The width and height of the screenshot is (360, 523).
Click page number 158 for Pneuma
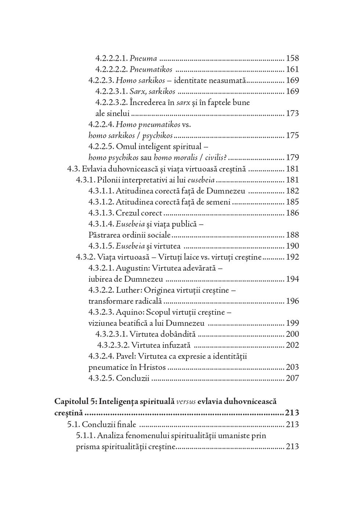click(x=292, y=58)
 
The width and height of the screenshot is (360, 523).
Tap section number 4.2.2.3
click(x=101, y=80)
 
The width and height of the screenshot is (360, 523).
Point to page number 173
click(x=292, y=113)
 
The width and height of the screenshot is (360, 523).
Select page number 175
click(x=292, y=136)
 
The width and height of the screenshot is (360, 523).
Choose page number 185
click(x=292, y=202)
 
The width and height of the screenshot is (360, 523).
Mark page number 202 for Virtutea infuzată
click(x=292, y=345)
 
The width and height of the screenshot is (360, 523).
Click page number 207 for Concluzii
click(x=292, y=378)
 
